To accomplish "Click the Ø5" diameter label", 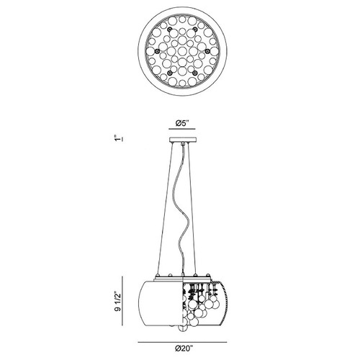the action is point(182,123).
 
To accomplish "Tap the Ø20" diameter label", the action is point(184,348).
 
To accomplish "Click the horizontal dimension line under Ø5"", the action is point(182,129).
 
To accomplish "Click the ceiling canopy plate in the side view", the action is point(183,140).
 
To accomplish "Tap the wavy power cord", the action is point(182,209).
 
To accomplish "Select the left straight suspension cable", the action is point(166,208).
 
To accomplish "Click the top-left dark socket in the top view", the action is point(170,30).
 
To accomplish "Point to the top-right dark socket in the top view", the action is point(195,30).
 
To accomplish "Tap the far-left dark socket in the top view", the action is point(158,50).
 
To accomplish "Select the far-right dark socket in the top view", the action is point(207,50).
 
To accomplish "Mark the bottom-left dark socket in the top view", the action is point(170,73).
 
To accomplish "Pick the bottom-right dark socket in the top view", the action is point(195,73).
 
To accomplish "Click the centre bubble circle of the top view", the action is point(182,51).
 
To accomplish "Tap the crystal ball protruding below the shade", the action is point(182,329).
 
